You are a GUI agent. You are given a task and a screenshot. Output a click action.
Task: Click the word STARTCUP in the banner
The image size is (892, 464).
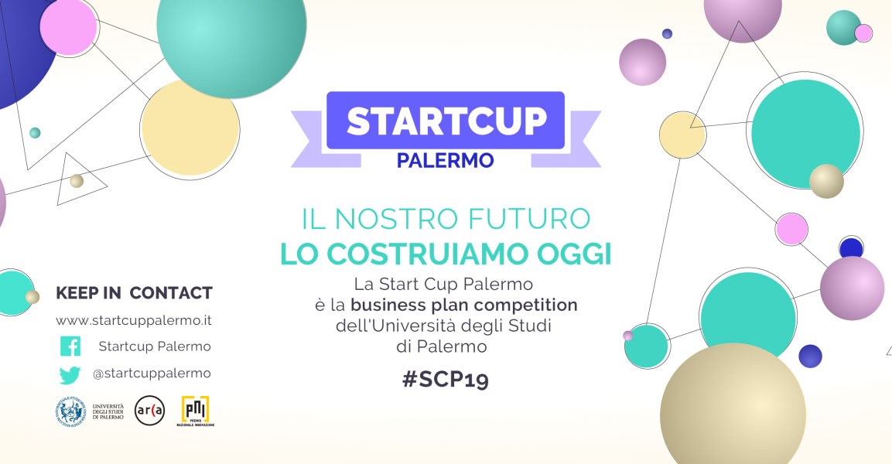(x=446, y=121)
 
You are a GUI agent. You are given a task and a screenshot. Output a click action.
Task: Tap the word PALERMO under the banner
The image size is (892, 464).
(x=445, y=161)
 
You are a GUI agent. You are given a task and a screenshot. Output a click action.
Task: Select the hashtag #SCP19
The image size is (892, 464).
(x=445, y=380)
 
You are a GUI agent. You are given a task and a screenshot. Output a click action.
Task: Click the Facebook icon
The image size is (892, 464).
(x=70, y=346)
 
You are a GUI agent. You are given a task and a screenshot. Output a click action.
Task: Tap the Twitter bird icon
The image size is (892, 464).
(x=70, y=374)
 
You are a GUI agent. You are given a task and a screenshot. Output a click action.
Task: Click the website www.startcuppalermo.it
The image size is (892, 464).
(x=134, y=319)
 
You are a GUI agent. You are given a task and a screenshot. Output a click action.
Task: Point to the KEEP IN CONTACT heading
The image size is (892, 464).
(x=134, y=293)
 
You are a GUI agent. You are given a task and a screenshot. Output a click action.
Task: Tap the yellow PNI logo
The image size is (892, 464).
(x=195, y=409)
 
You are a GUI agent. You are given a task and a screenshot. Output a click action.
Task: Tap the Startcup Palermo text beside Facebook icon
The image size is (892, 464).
(x=155, y=346)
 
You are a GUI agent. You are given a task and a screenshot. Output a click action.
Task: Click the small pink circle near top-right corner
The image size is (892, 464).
(x=863, y=33)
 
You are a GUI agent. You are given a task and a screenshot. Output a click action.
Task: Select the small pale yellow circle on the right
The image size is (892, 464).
(x=682, y=135)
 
